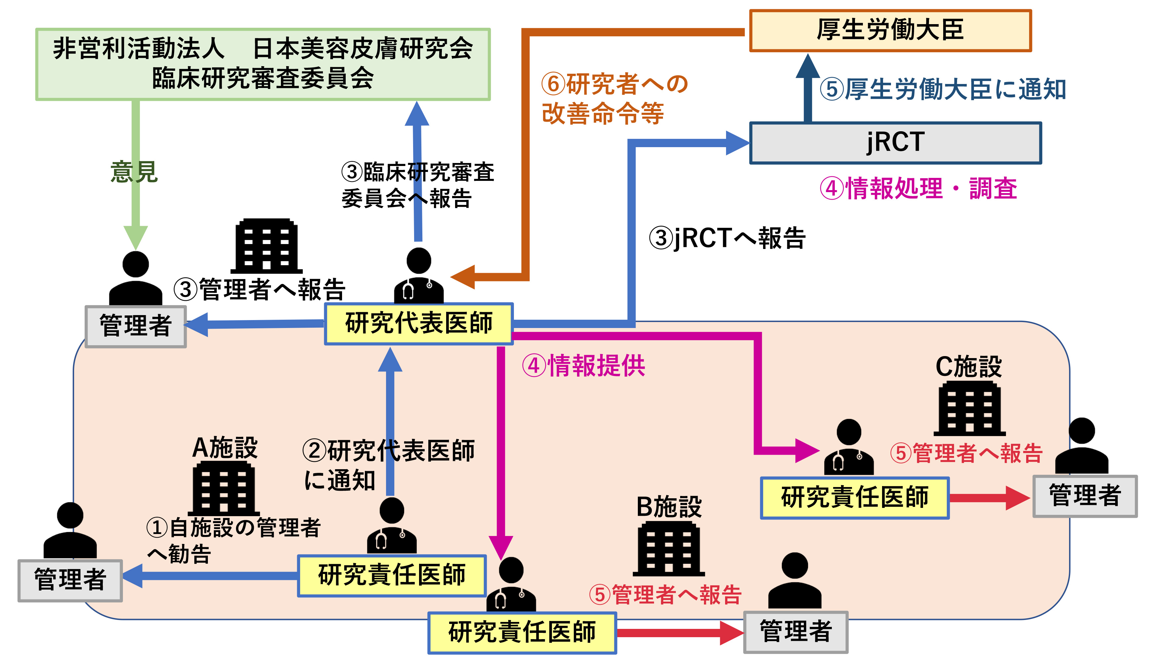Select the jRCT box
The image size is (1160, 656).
[895, 143]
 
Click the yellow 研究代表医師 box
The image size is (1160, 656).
[419, 323]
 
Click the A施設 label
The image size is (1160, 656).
[225, 448]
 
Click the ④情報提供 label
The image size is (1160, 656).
[584, 365]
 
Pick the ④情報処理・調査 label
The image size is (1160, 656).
[919, 188]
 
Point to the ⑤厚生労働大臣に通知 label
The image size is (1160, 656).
[943, 89]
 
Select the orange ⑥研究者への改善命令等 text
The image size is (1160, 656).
[614, 98]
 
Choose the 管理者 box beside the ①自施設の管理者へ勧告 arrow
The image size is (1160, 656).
[70, 580]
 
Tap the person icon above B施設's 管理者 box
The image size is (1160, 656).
[795, 581]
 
